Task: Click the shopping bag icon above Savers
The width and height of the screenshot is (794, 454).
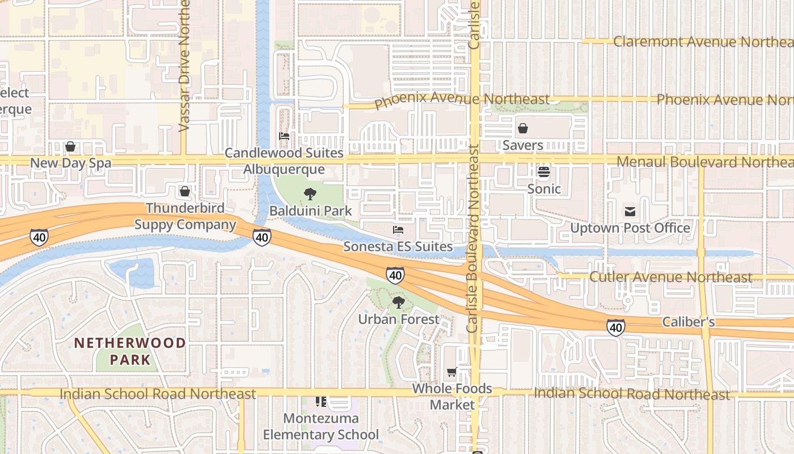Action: coord(523,128)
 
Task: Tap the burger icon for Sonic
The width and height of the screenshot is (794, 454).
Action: coord(544,171)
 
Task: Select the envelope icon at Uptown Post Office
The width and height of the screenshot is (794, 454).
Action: coord(630,212)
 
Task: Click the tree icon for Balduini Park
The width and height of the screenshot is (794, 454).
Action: coord(310,194)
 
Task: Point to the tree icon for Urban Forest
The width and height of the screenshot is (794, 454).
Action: coord(399,302)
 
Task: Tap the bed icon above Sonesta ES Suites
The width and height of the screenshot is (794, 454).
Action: coord(398,230)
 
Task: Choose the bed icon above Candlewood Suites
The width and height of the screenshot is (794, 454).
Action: coord(284,136)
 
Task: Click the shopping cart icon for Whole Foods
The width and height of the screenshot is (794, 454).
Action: coord(451,372)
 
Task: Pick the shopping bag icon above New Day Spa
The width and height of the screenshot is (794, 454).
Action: coord(70,146)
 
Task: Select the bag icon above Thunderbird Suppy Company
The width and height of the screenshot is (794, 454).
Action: coord(185,191)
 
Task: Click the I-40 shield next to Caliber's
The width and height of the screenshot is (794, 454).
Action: coord(616,327)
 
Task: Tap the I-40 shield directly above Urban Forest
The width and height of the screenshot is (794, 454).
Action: coord(395,275)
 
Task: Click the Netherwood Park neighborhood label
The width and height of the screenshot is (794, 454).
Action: coord(130,351)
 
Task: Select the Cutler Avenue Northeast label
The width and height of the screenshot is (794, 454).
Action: coord(671,277)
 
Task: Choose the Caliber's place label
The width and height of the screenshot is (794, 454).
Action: coord(689,322)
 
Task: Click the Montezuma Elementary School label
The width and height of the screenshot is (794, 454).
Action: coord(321,427)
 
